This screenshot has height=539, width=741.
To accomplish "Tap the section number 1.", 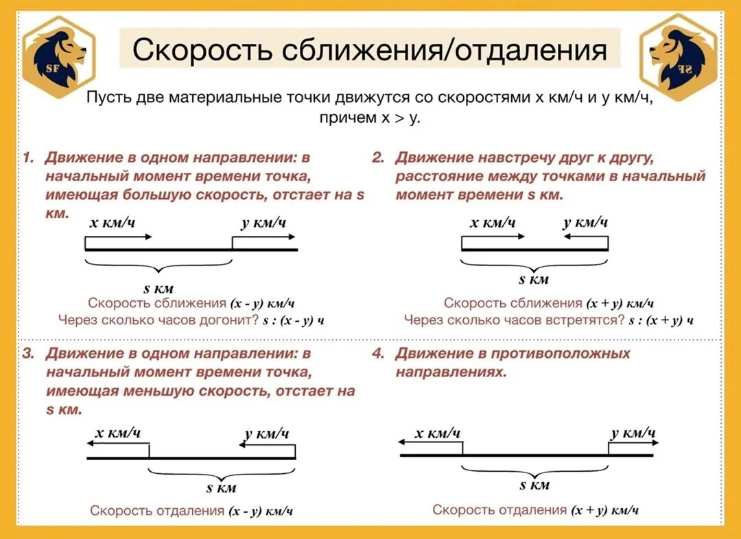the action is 28,158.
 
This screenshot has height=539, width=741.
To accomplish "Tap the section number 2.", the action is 378,158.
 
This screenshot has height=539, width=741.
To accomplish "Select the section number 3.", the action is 28,354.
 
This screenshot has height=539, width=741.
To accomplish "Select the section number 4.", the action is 378,354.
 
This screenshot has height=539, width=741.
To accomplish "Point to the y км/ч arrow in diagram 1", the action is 264,237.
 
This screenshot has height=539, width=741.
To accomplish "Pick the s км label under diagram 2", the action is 534,279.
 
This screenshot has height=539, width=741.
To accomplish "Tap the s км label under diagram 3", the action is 222,488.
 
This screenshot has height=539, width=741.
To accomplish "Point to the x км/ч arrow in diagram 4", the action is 431,444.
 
